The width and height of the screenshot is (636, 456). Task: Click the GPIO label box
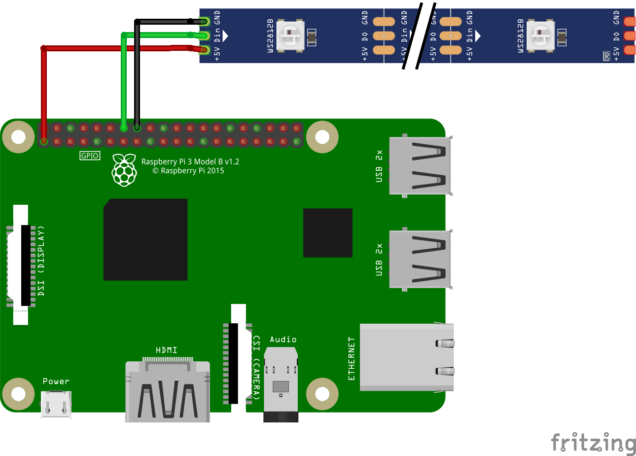[90, 156]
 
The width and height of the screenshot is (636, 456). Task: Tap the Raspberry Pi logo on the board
[124, 170]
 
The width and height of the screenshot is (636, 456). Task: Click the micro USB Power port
[56, 405]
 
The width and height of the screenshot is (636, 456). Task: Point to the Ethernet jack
[406, 357]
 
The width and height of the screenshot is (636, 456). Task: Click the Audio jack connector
[281, 384]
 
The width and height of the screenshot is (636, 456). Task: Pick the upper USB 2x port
[420, 166]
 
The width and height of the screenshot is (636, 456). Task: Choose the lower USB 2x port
[420, 259]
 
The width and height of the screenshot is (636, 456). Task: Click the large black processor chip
[145, 239]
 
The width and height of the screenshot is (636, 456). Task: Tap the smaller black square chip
[328, 232]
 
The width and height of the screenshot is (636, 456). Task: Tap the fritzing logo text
[593, 442]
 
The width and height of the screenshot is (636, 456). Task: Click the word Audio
[283, 340]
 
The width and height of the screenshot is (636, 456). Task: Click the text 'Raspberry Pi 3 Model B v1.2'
[190, 161]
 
